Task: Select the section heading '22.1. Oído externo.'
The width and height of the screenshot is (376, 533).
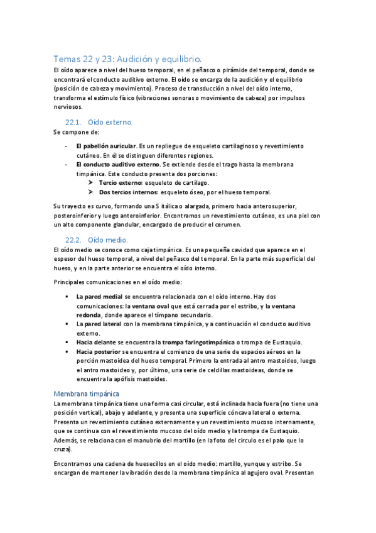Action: point(99,121)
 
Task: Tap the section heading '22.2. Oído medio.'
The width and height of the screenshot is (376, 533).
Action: point(97,239)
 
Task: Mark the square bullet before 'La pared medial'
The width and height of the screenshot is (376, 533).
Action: point(67,296)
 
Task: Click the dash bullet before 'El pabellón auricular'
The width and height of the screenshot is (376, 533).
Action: point(67,146)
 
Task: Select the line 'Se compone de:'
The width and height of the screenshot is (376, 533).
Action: point(72,132)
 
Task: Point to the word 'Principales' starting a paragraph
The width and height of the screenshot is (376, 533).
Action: point(70,281)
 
